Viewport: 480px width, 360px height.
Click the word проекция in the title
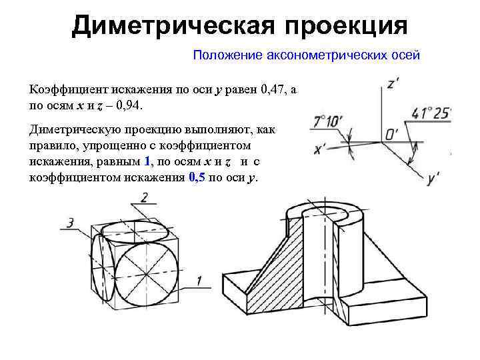345,26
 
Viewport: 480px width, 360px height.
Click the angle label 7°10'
327,122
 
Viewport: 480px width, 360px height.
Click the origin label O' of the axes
392,135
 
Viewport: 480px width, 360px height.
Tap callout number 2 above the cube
145,197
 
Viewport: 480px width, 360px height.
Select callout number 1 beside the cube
199,283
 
